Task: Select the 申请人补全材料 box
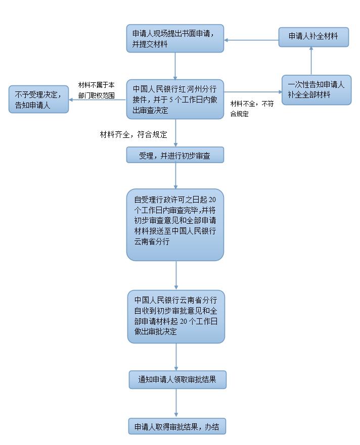[x=313, y=37]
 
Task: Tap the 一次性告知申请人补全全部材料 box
[x=316, y=90]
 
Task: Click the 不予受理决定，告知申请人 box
[x=39, y=99]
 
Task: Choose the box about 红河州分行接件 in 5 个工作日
[x=175, y=99]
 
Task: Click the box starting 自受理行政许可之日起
[x=175, y=225]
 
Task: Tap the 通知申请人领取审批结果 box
[x=177, y=379]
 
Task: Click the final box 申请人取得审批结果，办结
[x=177, y=426]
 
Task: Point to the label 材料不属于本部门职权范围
[x=97, y=90]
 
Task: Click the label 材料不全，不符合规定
[x=252, y=109]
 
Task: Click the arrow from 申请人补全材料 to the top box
[x=251, y=39]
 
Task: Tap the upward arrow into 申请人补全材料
[x=311, y=61]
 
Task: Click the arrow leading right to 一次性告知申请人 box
[x=252, y=92]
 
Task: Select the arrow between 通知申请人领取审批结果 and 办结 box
[x=176, y=404]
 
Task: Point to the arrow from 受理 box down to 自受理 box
[x=175, y=175]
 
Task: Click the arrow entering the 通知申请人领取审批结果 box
[x=176, y=357]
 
